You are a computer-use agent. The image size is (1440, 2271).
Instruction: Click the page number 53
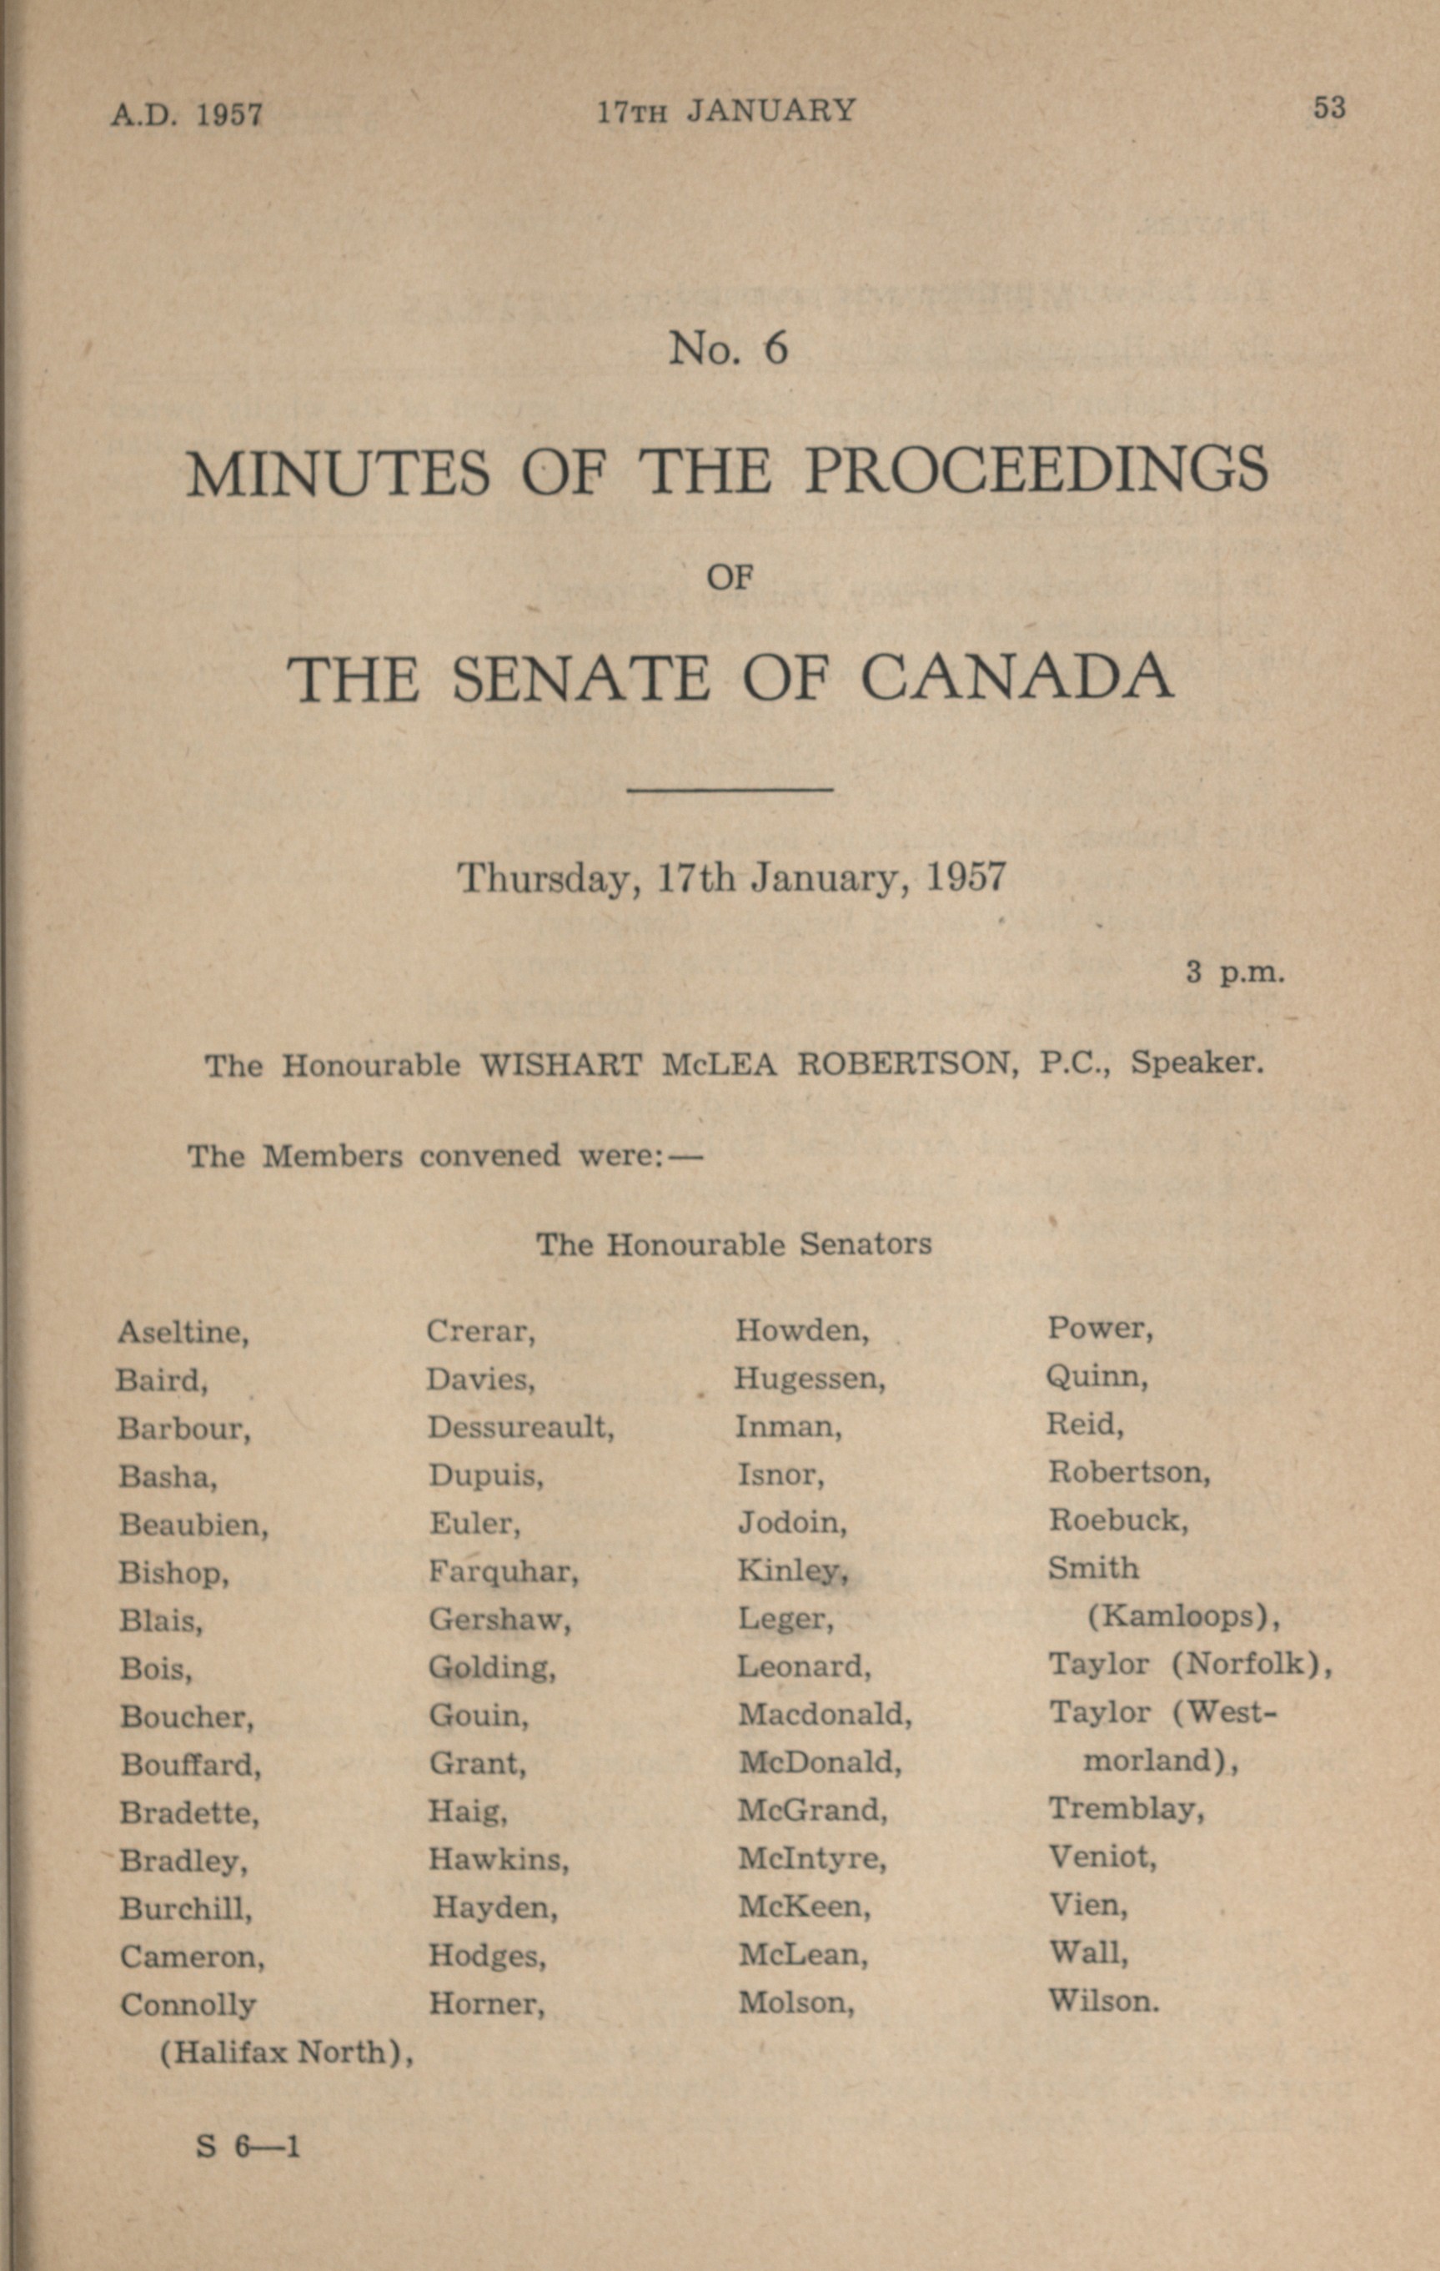pyautogui.click(x=1329, y=108)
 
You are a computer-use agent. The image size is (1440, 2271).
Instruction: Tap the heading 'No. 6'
pyautogui.click(x=727, y=348)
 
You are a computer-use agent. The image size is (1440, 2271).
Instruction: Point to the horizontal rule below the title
pyautogui.click(x=730, y=788)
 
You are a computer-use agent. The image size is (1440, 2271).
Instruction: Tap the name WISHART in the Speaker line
pyautogui.click(x=560, y=1065)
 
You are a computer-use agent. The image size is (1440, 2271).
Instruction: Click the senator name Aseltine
pyautogui.click(x=183, y=1332)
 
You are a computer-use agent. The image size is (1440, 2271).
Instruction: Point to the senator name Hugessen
pyautogui.click(x=809, y=1379)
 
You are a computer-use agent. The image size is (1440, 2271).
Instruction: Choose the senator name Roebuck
pyautogui.click(x=1117, y=1520)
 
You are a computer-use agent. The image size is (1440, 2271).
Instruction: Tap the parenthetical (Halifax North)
pyautogui.click(x=286, y=2052)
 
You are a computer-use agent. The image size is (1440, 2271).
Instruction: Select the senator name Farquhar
pyautogui.click(x=503, y=1570)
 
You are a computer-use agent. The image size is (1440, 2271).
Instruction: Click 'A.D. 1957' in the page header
pyautogui.click(x=186, y=114)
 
